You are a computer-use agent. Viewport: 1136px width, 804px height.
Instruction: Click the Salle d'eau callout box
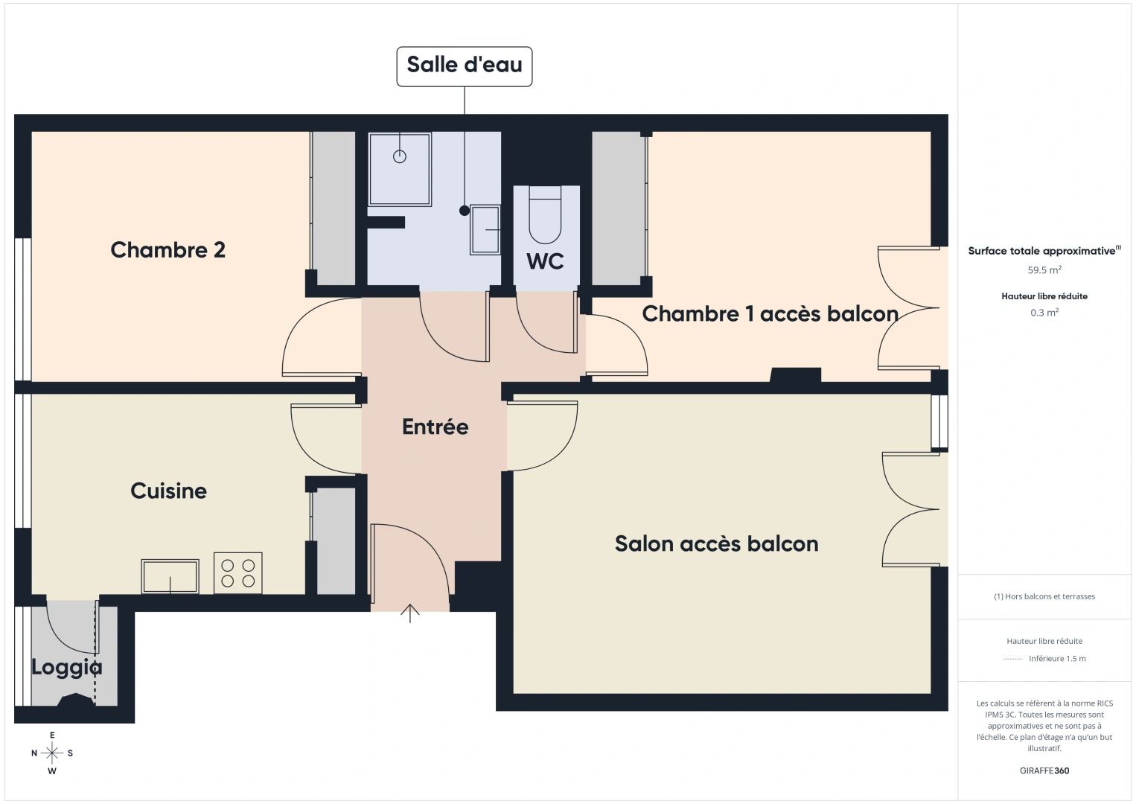(x=464, y=66)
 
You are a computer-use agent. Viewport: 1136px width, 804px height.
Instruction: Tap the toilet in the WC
(x=545, y=214)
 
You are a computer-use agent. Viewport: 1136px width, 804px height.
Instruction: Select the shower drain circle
(x=400, y=157)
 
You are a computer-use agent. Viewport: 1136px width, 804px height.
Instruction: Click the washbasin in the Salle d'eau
(x=485, y=230)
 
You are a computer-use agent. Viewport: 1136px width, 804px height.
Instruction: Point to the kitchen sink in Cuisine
(x=170, y=575)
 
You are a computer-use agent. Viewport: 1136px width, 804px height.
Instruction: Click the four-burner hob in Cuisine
(x=238, y=572)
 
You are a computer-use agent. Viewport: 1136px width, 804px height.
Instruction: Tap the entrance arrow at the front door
(x=409, y=613)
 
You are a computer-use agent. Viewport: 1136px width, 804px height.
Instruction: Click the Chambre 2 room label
(x=167, y=249)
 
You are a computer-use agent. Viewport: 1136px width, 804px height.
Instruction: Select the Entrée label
(x=435, y=427)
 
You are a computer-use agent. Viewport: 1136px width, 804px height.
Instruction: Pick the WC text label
(x=545, y=261)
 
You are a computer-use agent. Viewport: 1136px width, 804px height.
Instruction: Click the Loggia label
(x=67, y=668)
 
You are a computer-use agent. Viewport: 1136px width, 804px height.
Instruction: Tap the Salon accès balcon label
(x=717, y=543)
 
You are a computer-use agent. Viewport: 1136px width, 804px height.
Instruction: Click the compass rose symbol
(x=51, y=753)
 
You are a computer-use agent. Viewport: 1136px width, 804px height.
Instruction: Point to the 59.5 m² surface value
(x=1044, y=269)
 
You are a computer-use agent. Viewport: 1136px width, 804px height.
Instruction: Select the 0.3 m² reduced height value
(x=1044, y=312)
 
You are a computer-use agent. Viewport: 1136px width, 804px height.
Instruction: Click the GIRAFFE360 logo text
(x=1044, y=770)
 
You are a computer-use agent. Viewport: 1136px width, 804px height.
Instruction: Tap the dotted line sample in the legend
(x=1012, y=659)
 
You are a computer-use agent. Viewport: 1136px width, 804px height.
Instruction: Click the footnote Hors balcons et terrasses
(x=1044, y=596)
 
